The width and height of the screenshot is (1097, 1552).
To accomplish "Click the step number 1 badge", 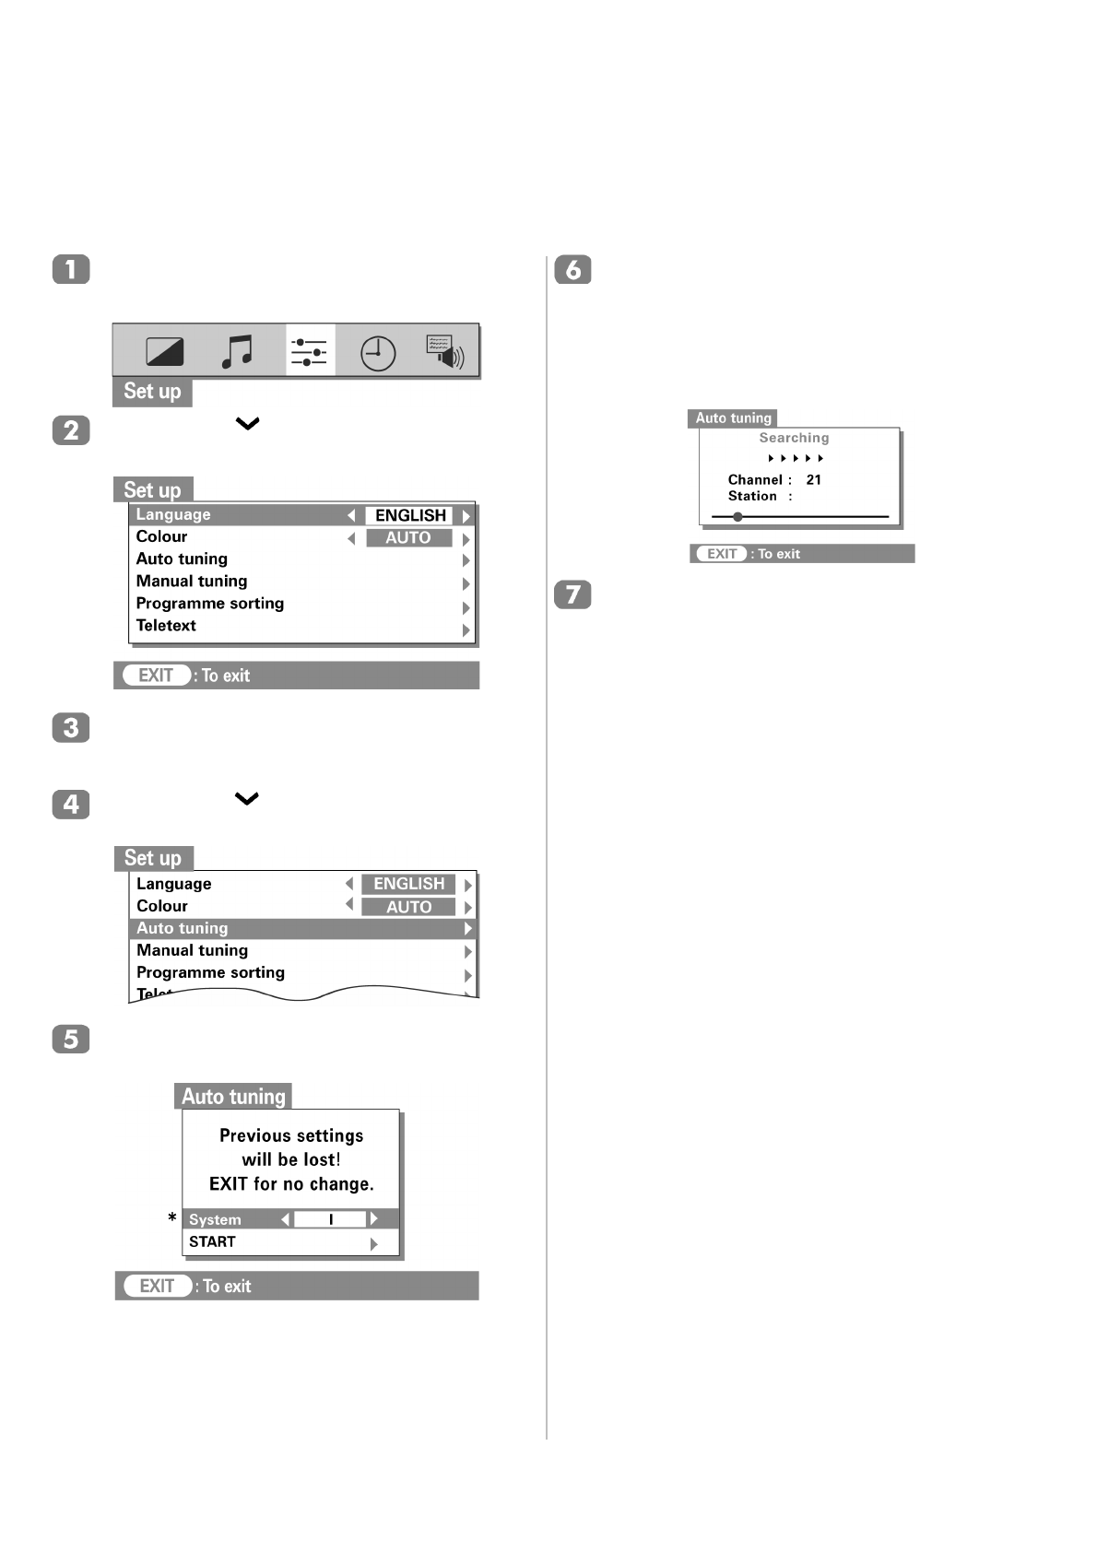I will coord(71,269).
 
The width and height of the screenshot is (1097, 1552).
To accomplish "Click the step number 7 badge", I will coord(572,594).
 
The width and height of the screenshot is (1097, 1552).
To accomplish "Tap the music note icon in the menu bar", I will coord(237,351).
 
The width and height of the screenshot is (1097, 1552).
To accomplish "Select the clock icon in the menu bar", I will coord(378,353).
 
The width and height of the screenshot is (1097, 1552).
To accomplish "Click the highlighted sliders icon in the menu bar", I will coord(310,351).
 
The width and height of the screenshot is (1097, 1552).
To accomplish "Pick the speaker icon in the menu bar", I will coord(445,351).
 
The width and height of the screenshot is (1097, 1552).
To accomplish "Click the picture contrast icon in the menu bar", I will coord(165,351).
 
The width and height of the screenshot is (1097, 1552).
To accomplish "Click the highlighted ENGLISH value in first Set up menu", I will coord(410,515).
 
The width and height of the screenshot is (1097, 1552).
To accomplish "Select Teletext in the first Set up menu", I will coord(166,626).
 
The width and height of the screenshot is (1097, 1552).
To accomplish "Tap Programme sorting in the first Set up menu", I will coord(210,604).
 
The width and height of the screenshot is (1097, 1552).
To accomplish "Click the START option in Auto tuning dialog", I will coord(213,1242).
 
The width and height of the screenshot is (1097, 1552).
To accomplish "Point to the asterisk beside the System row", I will coord(172,1218).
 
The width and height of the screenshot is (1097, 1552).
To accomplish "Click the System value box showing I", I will coord(330,1219).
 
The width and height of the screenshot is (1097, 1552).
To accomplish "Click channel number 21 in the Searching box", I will coord(813,480).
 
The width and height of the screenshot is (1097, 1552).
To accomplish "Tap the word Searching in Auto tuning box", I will coord(794,438).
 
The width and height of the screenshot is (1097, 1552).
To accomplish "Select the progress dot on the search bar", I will coord(737,517).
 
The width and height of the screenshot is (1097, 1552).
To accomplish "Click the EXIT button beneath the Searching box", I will coord(722,554).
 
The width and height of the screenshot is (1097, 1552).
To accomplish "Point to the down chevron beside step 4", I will coord(247,798).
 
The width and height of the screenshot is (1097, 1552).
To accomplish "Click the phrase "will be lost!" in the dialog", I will coord(291,1159).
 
